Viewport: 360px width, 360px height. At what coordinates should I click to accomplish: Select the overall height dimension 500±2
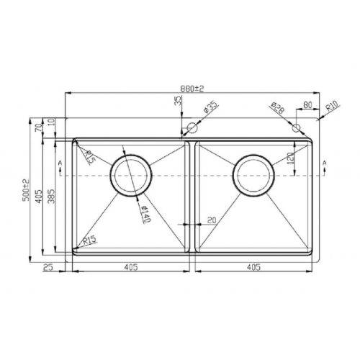[27, 189]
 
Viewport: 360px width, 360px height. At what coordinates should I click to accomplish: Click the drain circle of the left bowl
[130, 175]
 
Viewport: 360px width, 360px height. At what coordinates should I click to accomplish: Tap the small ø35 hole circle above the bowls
[191, 129]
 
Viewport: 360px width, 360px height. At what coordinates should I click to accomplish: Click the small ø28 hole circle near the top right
[296, 127]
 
